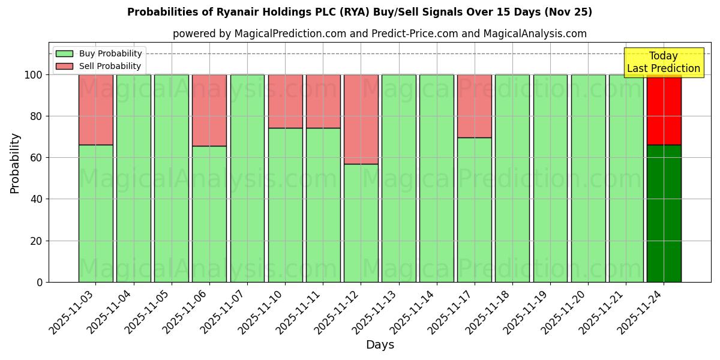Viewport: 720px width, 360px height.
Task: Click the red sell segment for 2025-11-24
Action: [664, 110]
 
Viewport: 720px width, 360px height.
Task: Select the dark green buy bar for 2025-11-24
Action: [664, 213]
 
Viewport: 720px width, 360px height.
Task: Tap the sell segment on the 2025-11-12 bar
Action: [361, 119]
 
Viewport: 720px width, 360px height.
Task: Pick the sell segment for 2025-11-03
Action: [95, 109]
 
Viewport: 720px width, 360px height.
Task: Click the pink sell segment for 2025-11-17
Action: [474, 106]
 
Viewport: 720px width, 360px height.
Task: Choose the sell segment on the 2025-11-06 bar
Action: [209, 110]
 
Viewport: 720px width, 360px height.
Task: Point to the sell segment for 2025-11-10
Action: [285, 101]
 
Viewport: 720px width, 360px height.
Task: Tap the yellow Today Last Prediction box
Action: [663, 62]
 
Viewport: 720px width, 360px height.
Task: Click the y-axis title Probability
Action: [15, 163]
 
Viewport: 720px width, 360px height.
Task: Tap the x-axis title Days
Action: [380, 345]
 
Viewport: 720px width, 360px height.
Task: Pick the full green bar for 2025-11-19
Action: [550, 178]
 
